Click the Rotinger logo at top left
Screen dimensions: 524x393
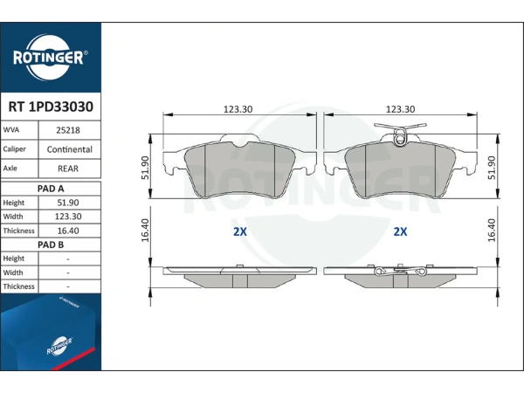50,58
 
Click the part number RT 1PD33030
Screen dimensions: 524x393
51,107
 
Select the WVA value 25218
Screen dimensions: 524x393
68,130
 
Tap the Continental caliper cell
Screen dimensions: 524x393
70,149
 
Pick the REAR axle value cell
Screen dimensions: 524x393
68,169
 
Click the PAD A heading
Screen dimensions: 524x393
51,189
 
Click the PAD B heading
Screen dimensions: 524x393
51,245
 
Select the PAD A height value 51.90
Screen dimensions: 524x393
68,203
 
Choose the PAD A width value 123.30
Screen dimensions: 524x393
68,217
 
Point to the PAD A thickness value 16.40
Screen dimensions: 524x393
68,231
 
